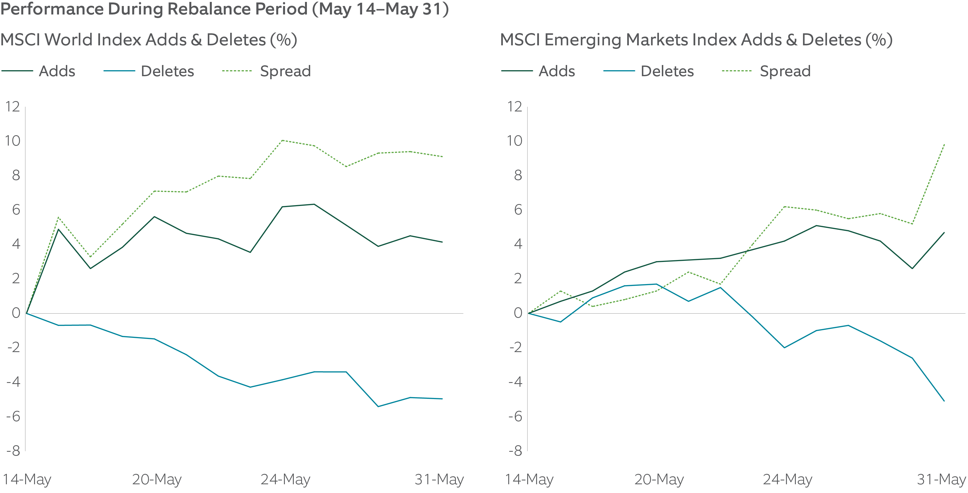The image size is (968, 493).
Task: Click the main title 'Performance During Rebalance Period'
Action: (x=224, y=9)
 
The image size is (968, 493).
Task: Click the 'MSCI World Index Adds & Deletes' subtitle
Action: (x=148, y=40)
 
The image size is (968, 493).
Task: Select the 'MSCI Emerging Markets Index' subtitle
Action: (x=696, y=40)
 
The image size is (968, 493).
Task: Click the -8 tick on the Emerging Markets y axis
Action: (x=515, y=451)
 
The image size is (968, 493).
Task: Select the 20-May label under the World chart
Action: (x=157, y=480)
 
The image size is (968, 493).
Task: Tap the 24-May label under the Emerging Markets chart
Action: (x=787, y=480)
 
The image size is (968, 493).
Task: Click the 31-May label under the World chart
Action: (x=439, y=480)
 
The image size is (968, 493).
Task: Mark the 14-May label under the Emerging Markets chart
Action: (x=529, y=480)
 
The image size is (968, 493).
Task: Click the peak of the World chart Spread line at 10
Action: (x=282, y=140)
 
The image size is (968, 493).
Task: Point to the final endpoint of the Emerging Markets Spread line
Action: (x=944, y=144)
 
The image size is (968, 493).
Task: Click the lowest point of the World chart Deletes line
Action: (x=378, y=406)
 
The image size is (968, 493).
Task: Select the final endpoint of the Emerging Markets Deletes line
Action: (x=944, y=401)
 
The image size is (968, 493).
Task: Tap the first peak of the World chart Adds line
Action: (x=58, y=229)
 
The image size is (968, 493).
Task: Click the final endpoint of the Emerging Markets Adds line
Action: (x=944, y=232)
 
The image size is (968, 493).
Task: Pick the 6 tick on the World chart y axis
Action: (x=16, y=210)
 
